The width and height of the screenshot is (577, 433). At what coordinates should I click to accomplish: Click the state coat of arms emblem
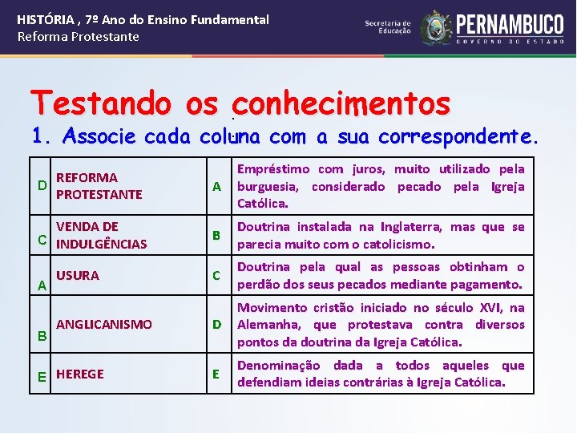(438, 26)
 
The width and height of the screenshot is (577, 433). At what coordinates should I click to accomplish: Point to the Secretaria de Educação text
(388, 26)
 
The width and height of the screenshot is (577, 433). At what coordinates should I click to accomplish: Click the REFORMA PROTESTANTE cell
(99, 186)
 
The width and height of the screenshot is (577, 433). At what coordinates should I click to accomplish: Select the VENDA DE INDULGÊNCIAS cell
(101, 235)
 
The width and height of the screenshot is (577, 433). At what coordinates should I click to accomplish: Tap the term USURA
(78, 275)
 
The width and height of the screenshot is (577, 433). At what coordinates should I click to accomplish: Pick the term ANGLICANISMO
(104, 324)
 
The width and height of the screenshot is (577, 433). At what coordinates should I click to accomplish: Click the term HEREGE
(80, 374)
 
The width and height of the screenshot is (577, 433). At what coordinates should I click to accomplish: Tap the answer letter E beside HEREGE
(42, 375)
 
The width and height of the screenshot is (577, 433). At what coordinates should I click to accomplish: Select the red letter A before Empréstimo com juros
(216, 187)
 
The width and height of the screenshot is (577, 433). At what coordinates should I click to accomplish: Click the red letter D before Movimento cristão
(216, 325)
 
